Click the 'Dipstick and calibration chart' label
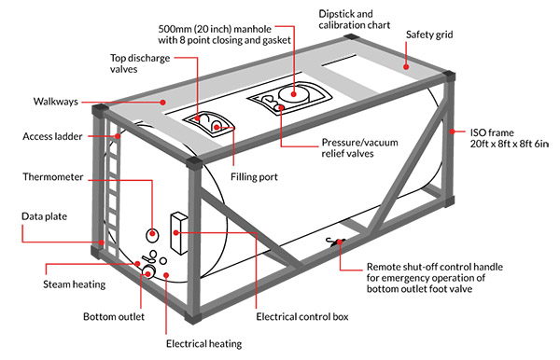pos(355,20)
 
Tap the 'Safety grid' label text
pos(429,35)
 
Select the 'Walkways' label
pos(56,102)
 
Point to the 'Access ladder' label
pos(52,136)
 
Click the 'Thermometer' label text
pos(53,176)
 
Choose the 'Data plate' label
pos(44,216)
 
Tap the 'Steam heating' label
pos(75,284)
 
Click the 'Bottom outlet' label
pos(114,316)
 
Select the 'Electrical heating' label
pos(203,343)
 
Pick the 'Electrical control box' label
pos(302,316)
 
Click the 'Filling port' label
pos(254,176)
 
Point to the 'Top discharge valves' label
pos(140,63)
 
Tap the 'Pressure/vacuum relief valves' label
pos(359,147)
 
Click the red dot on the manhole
pos(294,94)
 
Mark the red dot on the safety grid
pos(406,66)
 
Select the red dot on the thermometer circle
pos(152,234)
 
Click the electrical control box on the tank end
pos(179,234)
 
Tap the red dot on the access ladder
pos(118,136)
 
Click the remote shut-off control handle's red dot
pos(340,242)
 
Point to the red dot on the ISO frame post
pos(452,132)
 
